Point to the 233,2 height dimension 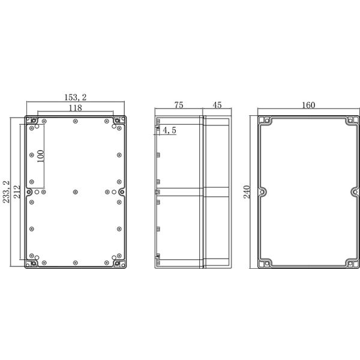7,192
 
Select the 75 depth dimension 179,104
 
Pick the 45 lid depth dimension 217,104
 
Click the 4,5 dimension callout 169,130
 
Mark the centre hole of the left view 74,192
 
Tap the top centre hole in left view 74,122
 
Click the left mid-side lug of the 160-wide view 262,192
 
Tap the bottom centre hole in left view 74,263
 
